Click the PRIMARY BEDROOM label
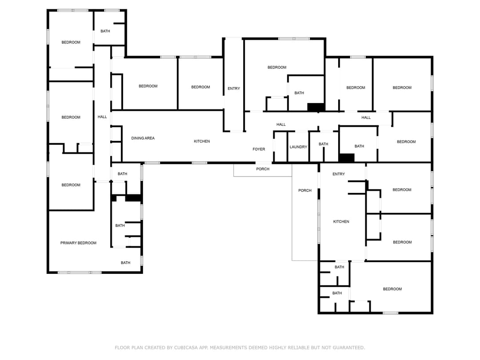[x=78, y=243]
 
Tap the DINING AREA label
[x=143, y=138]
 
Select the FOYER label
[x=259, y=149]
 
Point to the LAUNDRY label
[x=298, y=147]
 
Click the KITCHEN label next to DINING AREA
[x=202, y=141]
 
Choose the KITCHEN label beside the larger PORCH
[x=341, y=222]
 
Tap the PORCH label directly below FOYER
[x=263, y=169]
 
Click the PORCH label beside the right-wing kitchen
[x=305, y=191]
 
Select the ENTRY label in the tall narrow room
[x=234, y=88]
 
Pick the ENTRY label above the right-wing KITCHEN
[x=339, y=174]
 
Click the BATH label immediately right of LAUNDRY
[x=324, y=144]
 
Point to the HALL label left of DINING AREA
[x=102, y=117]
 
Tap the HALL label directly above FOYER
[x=281, y=124]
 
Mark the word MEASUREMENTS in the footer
[x=231, y=348]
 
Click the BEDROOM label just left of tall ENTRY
[x=200, y=87]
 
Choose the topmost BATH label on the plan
[x=105, y=31]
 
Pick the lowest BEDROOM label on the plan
[x=392, y=289]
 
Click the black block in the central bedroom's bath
[x=316, y=107]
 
